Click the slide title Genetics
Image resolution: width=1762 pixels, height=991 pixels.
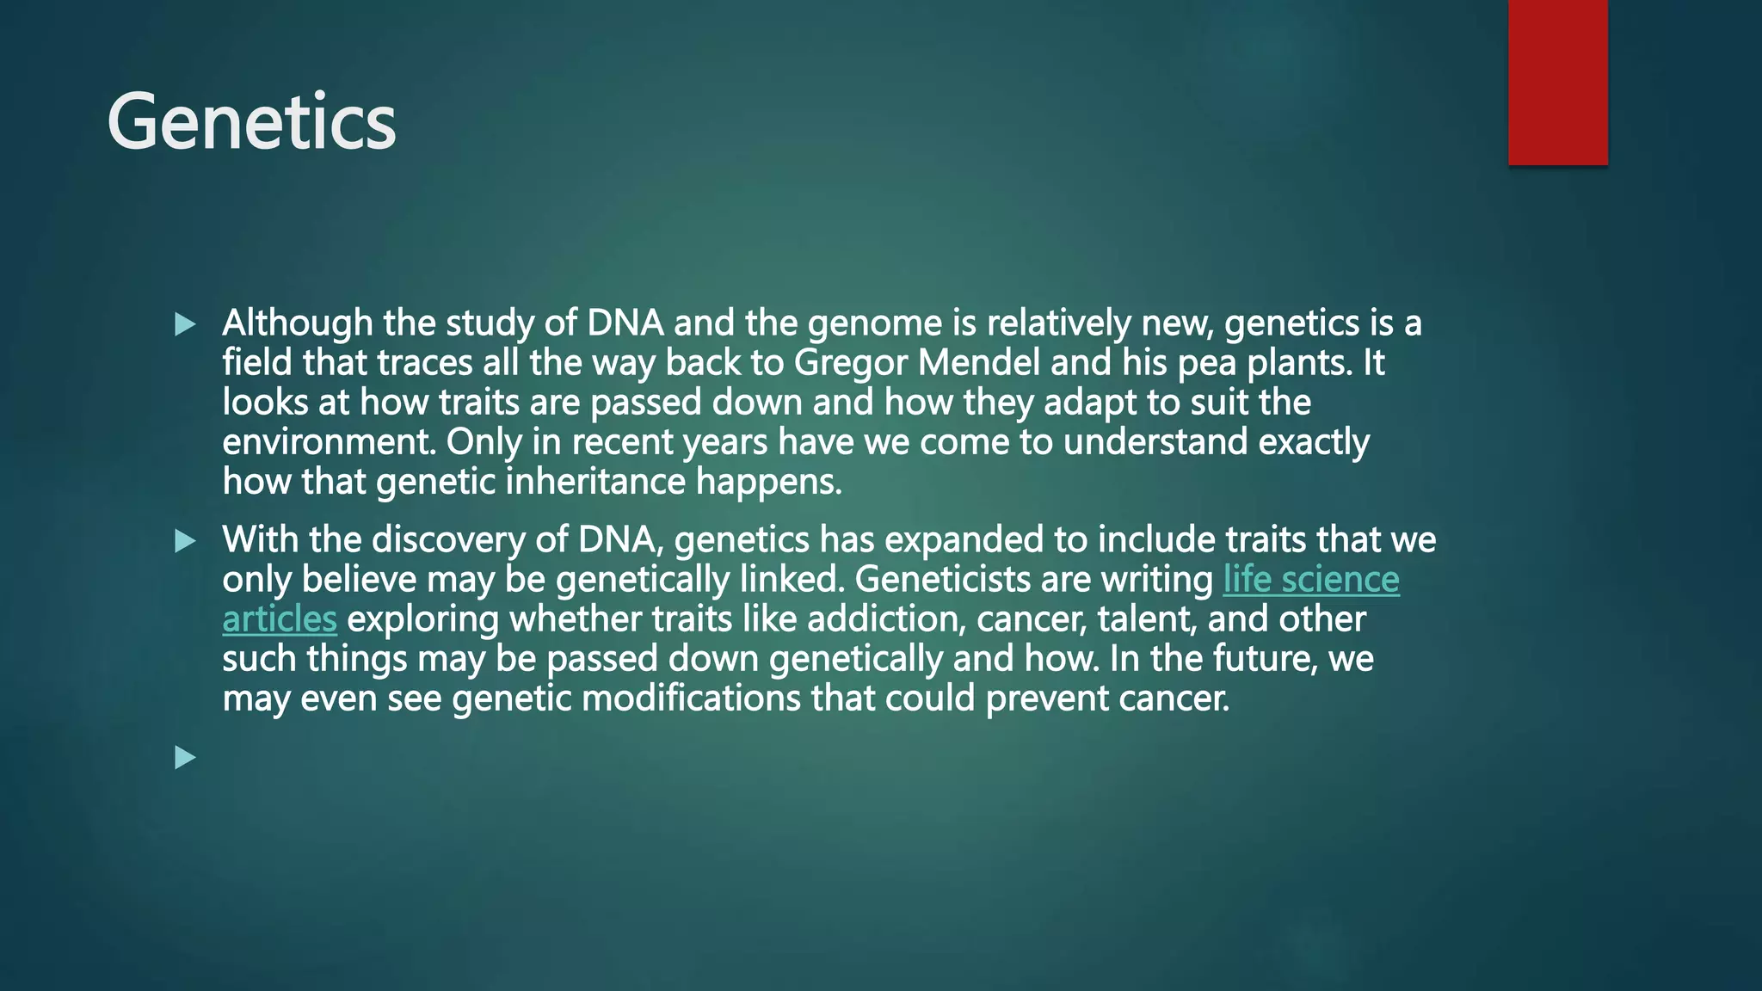(x=251, y=122)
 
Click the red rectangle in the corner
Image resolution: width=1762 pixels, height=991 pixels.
(x=1557, y=82)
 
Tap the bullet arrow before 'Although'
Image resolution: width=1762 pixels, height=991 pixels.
(x=185, y=324)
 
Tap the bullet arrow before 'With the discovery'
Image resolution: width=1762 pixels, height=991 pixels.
(x=185, y=541)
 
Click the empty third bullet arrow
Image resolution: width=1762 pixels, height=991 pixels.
(x=185, y=758)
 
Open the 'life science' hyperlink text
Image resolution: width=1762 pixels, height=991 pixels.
(x=1310, y=580)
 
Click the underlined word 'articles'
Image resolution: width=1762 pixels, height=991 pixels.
(x=279, y=619)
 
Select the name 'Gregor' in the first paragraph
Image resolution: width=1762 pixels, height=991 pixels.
(x=851, y=363)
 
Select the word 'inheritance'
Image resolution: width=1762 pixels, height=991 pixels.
(x=595, y=482)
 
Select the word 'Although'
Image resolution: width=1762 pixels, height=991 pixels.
(x=298, y=323)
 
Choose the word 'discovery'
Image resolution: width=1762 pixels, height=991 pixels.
(x=448, y=540)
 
